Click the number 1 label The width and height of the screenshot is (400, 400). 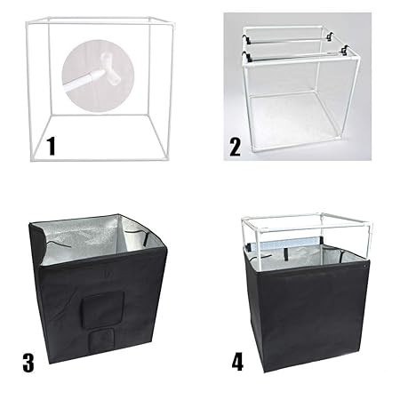[51, 145]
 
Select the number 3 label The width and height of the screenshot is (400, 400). [28, 362]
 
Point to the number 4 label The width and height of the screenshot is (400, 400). [236, 363]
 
